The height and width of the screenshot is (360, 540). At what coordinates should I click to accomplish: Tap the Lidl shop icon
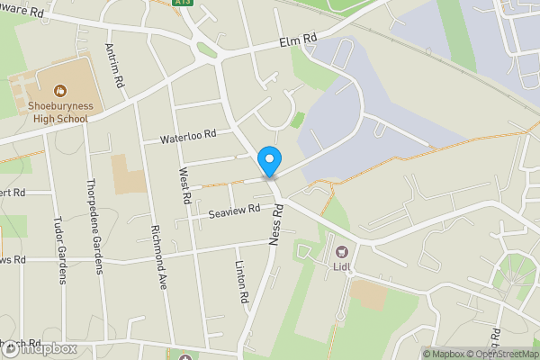pyautogui.click(x=341, y=252)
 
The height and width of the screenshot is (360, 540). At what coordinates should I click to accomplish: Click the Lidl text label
pyautogui.click(x=341, y=267)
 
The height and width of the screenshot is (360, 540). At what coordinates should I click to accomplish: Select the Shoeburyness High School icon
pyautogui.click(x=59, y=90)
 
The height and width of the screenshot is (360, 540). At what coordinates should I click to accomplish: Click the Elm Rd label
pyautogui.click(x=299, y=40)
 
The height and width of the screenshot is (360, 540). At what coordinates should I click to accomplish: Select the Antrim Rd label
pyautogui.click(x=114, y=65)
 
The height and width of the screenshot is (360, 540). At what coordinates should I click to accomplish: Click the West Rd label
pyautogui.click(x=184, y=184)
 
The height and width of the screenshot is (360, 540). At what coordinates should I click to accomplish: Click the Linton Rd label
pyautogui.click(x=240, y=282)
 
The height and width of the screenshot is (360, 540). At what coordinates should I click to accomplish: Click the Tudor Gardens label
pyautogui.click(x=60, y=250)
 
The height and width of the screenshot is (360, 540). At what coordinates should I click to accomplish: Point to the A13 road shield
pyautogui.click(x=184, y=4)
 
